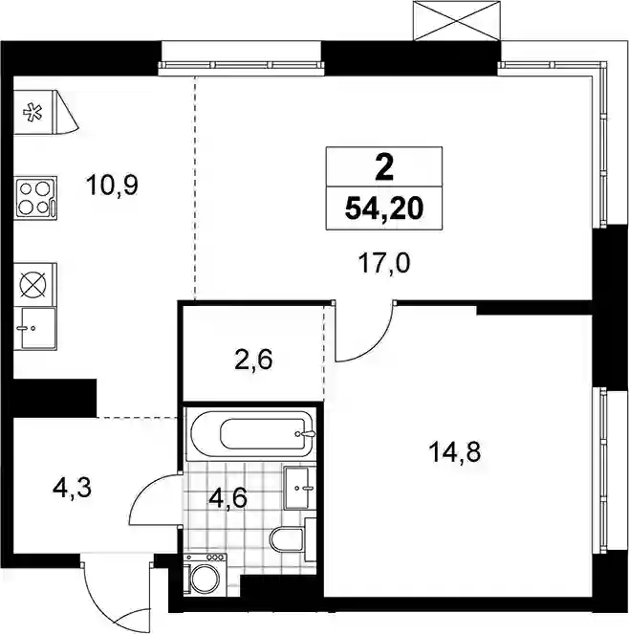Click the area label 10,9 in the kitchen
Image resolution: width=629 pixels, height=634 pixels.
(112, 186)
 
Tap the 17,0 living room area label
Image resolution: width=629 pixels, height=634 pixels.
(384, 262)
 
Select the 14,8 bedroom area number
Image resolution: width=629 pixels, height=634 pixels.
(455, 451)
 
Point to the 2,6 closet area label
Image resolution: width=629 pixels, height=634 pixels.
(253, 360)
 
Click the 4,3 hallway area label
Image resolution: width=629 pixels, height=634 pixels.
(72, 488)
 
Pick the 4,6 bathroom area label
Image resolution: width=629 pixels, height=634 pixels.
(228, 498)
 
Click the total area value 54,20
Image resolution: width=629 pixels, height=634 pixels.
(384, 208)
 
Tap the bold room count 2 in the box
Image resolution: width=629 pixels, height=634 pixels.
(384, 168)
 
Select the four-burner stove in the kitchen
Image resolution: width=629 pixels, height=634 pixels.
(35, 198)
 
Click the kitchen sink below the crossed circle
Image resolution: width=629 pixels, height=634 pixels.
(35, 328)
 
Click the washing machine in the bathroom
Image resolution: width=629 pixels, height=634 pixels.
(206, 575)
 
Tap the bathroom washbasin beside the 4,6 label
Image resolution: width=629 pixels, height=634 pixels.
(300, 488)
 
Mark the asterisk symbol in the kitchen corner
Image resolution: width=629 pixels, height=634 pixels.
(33, 113)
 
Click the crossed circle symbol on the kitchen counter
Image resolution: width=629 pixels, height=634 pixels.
(33, 283)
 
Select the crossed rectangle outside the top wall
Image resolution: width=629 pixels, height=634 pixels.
(457, 21)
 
